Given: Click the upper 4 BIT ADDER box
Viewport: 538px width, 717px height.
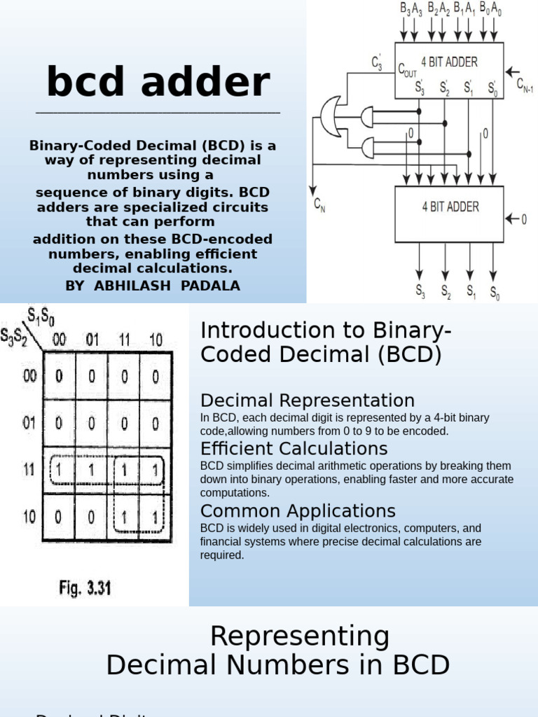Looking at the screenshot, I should point(448,70).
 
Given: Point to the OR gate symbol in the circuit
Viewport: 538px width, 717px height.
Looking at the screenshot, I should point(331,118).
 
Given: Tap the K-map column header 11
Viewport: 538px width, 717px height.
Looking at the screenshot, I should point(124,340).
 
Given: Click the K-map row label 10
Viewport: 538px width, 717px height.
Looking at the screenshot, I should point(29,517).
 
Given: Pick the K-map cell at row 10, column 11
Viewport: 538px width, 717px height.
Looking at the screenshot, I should point(124,517).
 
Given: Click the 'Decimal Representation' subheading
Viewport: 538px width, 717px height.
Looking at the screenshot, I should point(307,401).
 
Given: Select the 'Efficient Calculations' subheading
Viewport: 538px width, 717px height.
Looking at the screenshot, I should point(294,448).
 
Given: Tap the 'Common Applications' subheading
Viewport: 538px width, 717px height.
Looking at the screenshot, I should point(298,510).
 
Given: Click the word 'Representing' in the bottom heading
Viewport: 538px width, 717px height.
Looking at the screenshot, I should point(299,636).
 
